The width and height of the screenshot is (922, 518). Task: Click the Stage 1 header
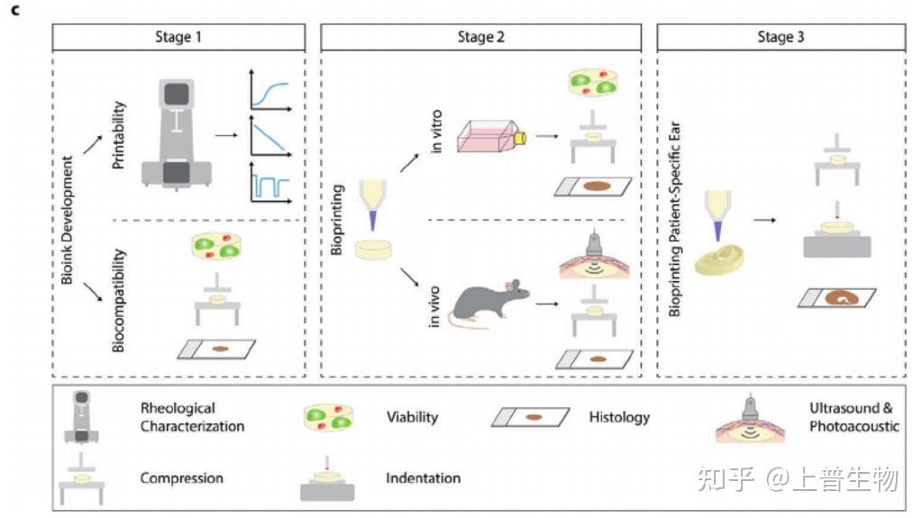coord(179,37)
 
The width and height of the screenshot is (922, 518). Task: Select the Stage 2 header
coord(481,37)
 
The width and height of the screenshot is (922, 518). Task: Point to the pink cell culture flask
coord(492,140)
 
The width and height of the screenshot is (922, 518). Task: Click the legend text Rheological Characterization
coord(191,416)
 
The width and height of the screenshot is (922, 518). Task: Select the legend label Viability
coord(412,417)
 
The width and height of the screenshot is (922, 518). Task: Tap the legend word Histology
coord(619,417)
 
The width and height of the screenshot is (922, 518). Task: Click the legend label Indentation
coord(423,478)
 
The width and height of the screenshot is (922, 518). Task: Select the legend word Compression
coord(181,478)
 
